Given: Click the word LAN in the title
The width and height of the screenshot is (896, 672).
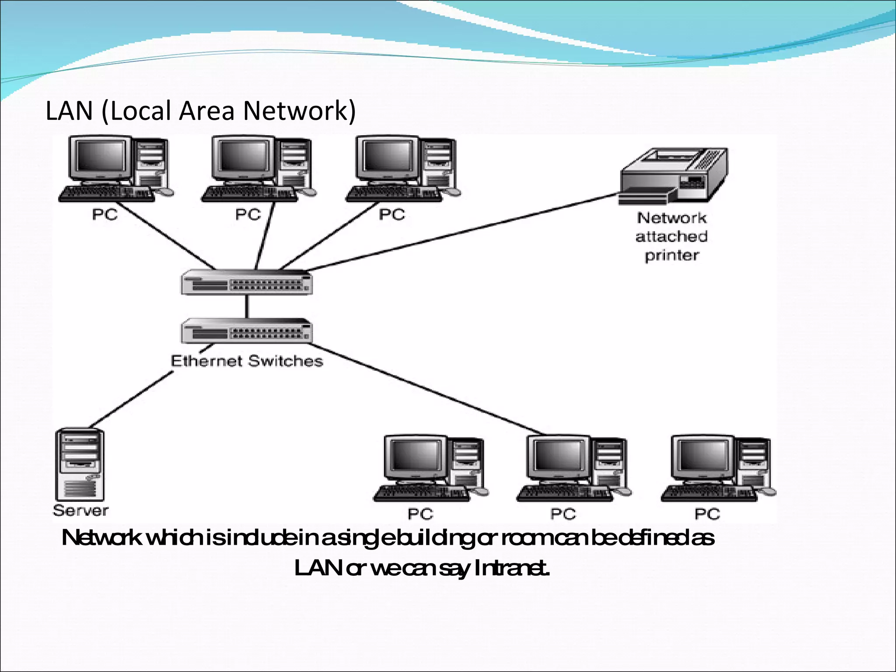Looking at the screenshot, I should (69, 111).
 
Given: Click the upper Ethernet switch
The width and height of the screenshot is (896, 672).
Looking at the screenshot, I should (247, 282).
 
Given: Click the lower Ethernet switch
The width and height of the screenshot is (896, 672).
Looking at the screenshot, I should (247, 330).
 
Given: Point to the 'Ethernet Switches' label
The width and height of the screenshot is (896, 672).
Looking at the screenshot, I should (247, 361).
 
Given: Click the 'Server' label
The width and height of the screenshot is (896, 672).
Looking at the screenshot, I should (80, 511).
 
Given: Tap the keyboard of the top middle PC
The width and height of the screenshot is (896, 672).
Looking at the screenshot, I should (247, 194).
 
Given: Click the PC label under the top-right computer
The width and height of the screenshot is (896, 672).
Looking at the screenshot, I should (392, 214).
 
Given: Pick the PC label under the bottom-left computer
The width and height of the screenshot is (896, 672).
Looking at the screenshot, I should (420, 514).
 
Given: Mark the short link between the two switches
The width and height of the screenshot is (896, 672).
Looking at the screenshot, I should (247, 306).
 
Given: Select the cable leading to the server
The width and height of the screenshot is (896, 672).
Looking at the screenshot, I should (131, 399).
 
